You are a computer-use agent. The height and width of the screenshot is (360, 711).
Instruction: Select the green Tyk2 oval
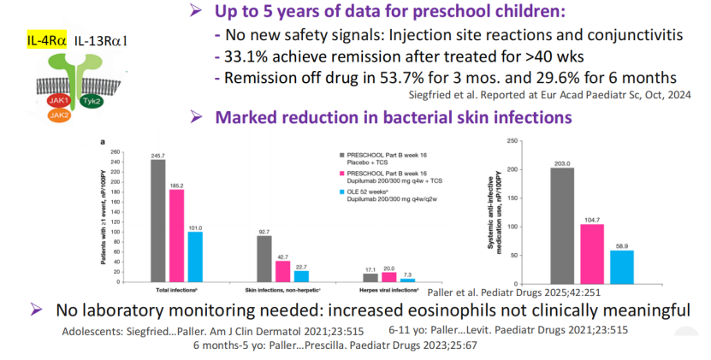(89, 100)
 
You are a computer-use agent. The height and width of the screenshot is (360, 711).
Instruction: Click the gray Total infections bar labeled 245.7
(157, 220)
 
